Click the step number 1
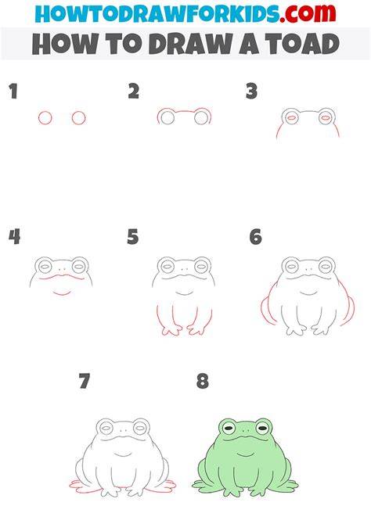[13, 92]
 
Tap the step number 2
[134, 92]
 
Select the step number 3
[251, 92]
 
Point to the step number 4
[14, 237]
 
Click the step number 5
[133, 237]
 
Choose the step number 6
[256, 237]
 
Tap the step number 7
[85, 381]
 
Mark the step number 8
[203, 381]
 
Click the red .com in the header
[308, 13]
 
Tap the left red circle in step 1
[45, 118]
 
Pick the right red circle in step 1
[78, 118]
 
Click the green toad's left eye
[229, 428]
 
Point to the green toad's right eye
[262, 428]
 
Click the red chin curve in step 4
[63, 293]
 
